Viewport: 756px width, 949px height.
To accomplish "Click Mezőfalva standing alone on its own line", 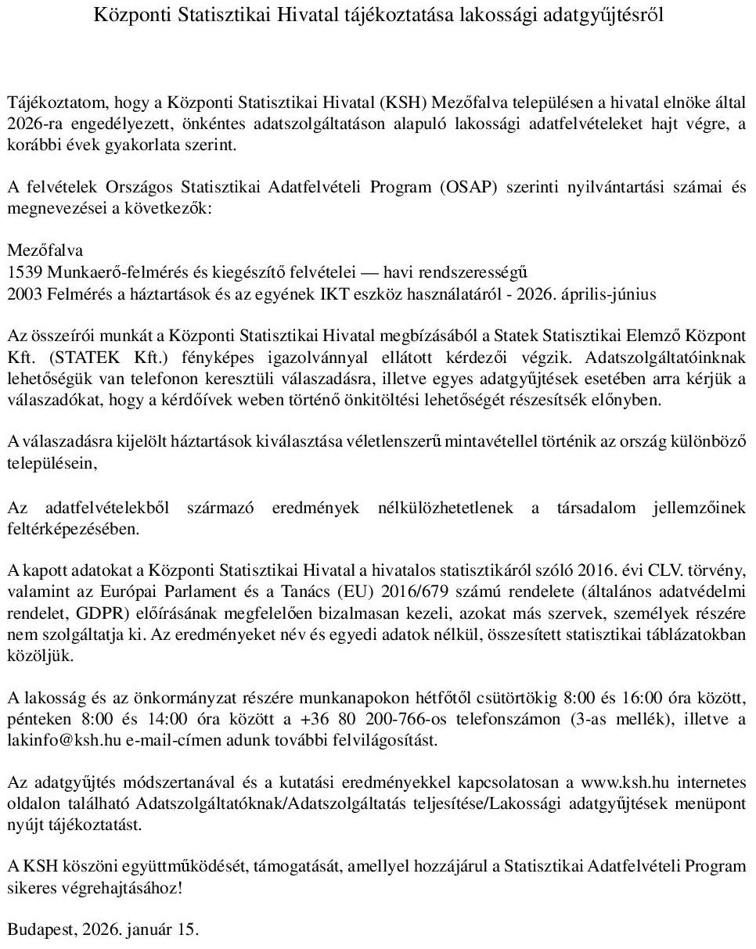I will coord(45,251).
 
